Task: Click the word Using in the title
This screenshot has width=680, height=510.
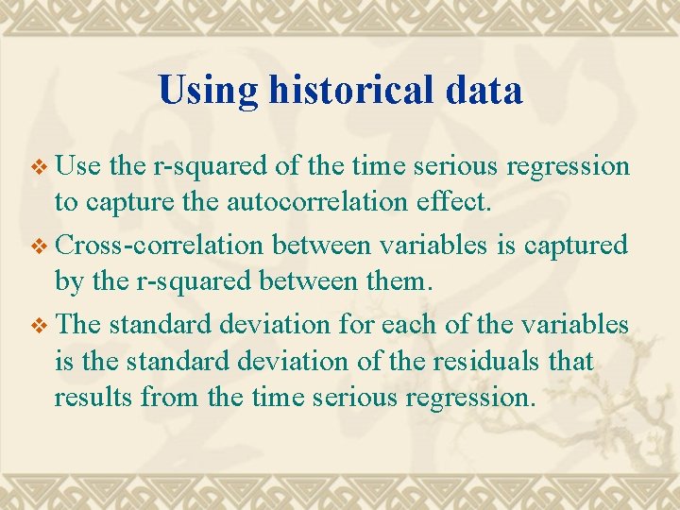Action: [208, 91]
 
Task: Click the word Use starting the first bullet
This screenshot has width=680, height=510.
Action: [79, 166]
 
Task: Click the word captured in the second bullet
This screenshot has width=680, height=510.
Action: [577, 245]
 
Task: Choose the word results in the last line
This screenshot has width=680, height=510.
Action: [93, 397]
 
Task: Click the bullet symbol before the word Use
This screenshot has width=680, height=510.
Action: [38, 167]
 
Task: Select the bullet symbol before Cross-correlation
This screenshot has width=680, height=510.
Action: [38, 246]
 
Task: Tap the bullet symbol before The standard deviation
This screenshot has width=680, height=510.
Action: [38, 325]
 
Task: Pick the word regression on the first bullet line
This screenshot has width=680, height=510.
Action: [568, 166]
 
